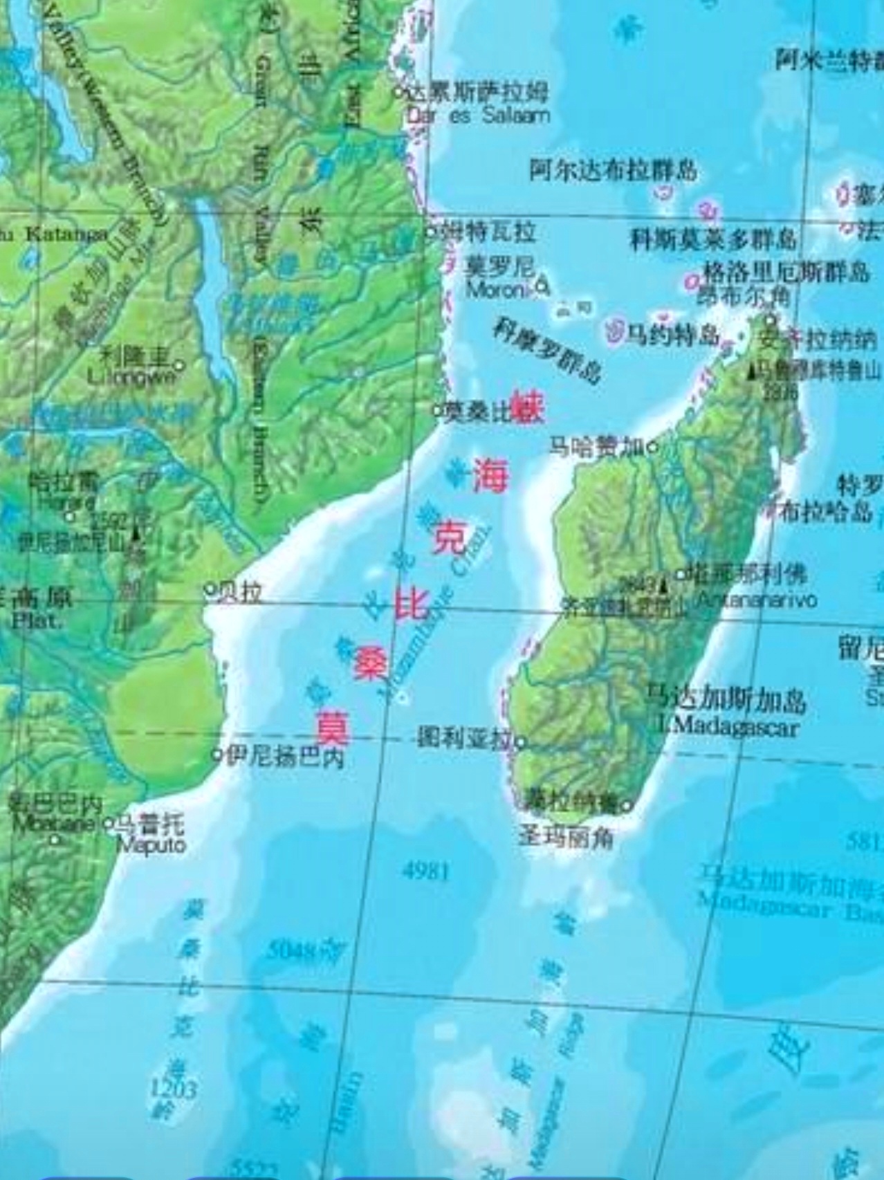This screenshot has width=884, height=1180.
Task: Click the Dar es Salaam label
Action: (479, 115)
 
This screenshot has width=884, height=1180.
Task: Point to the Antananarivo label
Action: (756, 599)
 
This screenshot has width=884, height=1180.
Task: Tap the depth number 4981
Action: (426, 871)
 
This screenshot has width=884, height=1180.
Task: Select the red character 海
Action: (490, 477)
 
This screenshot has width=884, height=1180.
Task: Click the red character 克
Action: (450, 540)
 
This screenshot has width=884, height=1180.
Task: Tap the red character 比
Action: (412, 603)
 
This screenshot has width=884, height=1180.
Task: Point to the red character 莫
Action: (333, 726)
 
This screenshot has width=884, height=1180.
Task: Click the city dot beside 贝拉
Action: (210, 590)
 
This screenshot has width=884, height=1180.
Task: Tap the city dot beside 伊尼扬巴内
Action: (217, 754)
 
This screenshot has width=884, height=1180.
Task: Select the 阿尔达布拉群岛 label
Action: (613, 170)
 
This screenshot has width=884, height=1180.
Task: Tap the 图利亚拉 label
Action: (463, 739)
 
